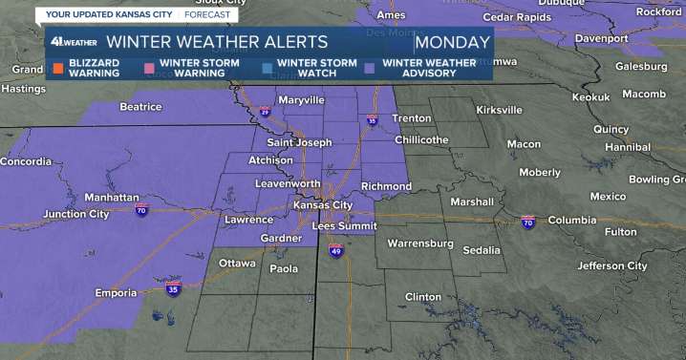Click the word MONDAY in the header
tap(454, 42)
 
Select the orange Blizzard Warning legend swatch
tap(57, 68)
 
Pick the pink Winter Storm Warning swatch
tap(150, 68)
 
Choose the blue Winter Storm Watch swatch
tap(267, 68)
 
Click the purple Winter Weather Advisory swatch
tap(370, 68)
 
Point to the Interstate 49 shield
tap(335, 251)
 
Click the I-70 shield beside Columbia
tap(527, 222)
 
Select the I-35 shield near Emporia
tap(172, 289)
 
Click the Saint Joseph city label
tap(298, 142)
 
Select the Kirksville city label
tap(501, 111)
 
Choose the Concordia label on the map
tap(26, 161)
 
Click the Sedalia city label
tap(481, 250)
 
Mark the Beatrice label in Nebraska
tap(140, 107)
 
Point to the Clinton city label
tap(423, 297)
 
